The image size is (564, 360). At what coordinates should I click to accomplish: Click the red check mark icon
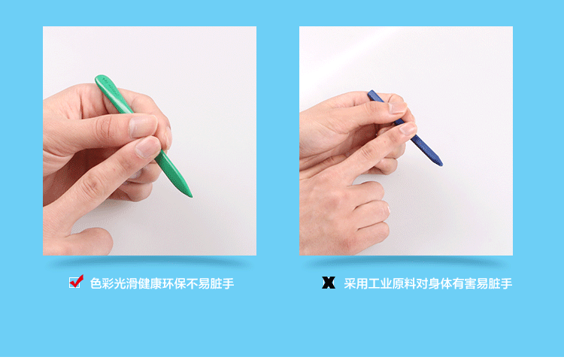[x=76, y=283]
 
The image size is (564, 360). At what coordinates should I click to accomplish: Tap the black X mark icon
[x=329, y=283]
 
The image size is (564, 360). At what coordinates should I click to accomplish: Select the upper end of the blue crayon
[x=371, y=94]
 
